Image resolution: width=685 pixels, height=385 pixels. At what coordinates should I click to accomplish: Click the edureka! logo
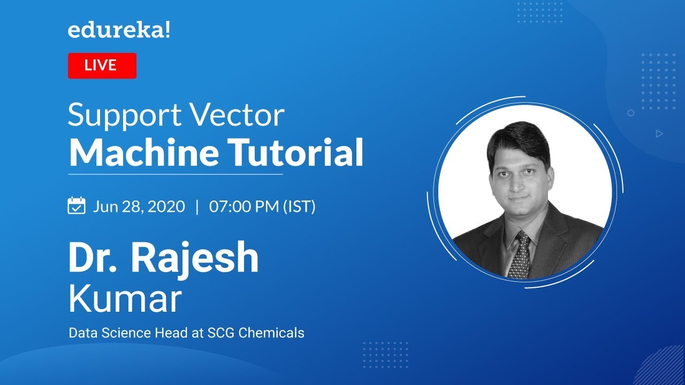(119, 31)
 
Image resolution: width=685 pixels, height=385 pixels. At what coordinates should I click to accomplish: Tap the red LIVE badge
(102, 66)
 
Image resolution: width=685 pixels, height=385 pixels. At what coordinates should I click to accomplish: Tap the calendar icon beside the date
(77, 206)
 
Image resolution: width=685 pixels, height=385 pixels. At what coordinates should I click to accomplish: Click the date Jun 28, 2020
(139, 206)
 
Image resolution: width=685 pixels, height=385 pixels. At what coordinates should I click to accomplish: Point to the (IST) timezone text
(299, 206)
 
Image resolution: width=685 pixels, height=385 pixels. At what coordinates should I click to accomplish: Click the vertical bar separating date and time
(197, 206)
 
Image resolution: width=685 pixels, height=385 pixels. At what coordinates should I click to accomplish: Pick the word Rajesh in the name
(195, 258)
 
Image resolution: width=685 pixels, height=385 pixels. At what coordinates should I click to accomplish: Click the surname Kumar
(125, 299)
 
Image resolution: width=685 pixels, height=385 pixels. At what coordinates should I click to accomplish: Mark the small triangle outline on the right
(659, 134)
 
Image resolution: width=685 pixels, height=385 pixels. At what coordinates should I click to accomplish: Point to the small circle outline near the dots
(631, 113)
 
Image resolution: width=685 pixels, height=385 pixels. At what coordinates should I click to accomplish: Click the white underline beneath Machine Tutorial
(176, 174)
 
